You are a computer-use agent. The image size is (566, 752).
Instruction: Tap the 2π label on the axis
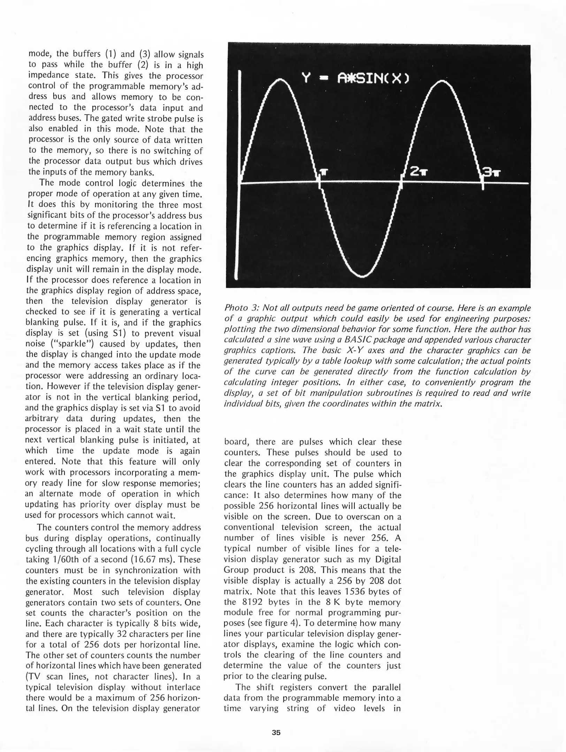pyautogui.click(x=418, y=172)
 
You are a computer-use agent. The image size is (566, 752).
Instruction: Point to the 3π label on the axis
pyautogui.click(x=491, y=172)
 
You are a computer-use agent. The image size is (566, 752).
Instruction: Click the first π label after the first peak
pyautogui.click(x=324, y=172)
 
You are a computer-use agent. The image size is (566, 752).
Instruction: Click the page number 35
pyautogui.click(x=276, y=733)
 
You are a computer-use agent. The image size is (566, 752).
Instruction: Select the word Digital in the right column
pyautogui.click(x=388, y=559)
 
